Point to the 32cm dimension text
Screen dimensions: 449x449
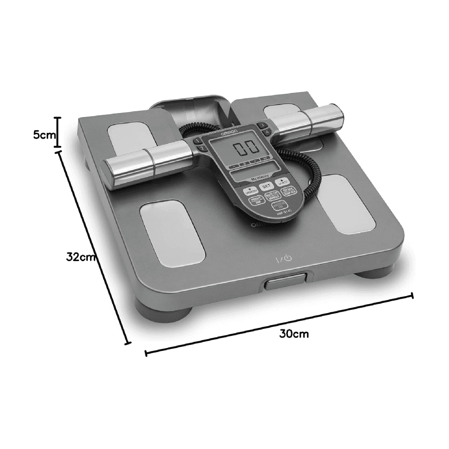click(x=80, y=257)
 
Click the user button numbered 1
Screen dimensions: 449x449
click(x=197, y=141)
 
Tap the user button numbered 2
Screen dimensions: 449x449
click(x=201, y=148)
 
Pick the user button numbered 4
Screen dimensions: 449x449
click(x=266, y=132)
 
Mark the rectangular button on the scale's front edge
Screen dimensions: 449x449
click(x=284, y=283)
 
